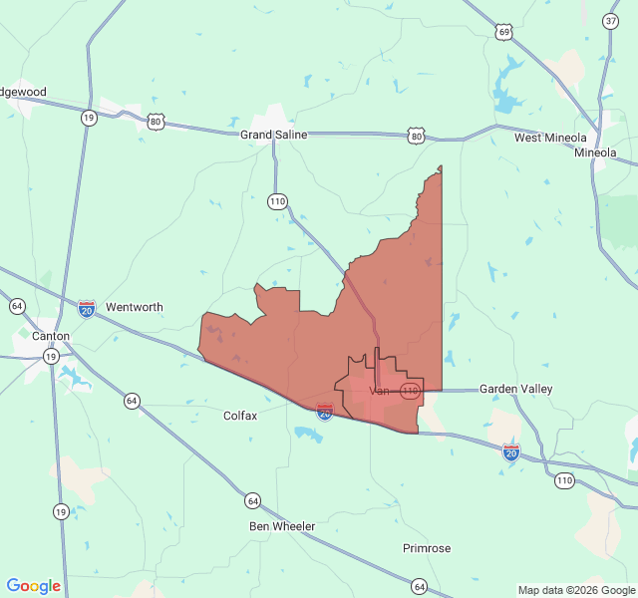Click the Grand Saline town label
point(273,135)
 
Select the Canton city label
point(51,336)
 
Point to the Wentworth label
point(134,307)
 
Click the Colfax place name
point(240,416)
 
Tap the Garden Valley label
point(515,389)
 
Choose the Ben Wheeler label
point(282,526)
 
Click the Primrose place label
point(427,548)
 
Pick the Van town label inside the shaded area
point(379,391)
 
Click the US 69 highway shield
point(504,33)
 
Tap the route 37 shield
point(610,21)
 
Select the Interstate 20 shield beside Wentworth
point(87,309)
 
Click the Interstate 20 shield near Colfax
point(325,410)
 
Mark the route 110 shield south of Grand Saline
point(277,201)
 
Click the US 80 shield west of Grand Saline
point(155,122)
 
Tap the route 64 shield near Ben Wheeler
point(253,500)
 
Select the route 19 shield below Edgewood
point(89,118)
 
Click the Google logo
point(33,586)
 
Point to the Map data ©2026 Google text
point(575,590)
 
